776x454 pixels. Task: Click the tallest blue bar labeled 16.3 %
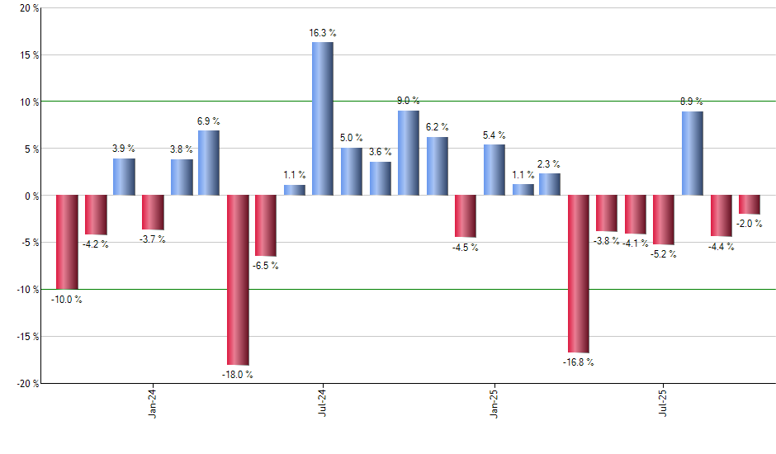pyautogui.click(x=322, y=119)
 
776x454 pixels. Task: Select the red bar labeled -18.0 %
pyautogui.click(x=238, y=280)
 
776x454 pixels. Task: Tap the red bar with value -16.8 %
pyautogui.click(x=579, y=274)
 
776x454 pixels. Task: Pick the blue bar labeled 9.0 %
pyautogui.click(x=409, y=153)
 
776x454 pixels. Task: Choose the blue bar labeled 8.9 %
pyautogui.click(x=693, y=154)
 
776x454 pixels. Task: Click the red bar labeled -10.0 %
pyautogui.click(x=67, y=242)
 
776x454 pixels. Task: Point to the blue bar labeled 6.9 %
pyautogui.click(x=209, y=163)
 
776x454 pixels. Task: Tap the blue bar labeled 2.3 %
pyautogui.click(x=550, y=184)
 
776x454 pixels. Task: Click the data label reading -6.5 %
pyautogui.click(x=266, y=266)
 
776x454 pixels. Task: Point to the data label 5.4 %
pyautogui.click(x=494, y=135)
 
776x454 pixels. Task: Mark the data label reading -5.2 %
pyautogui.click(x=664, y=254)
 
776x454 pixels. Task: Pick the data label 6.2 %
pyautogui.click(x=438, y=127)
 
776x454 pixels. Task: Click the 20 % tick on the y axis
pyautogui.click(x=28, y=8)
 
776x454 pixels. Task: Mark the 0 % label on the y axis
pyautogui.click(x=30, y=196)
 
